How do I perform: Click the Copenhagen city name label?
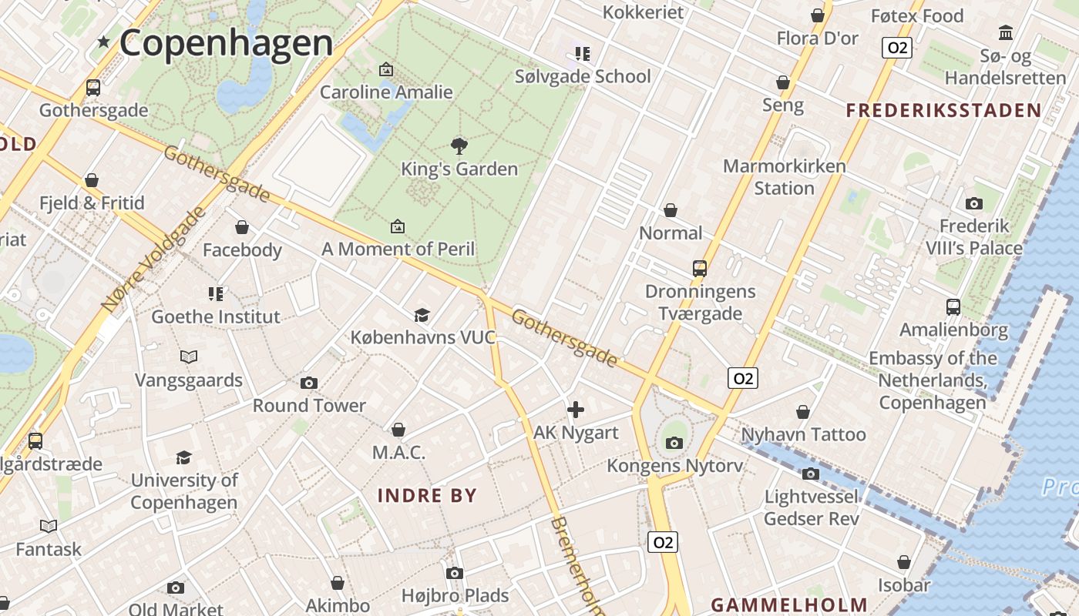(226, 42)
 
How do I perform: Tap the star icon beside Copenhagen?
(103, 42)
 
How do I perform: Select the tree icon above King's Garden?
(459, 146)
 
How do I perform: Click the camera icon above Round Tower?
(309, 383)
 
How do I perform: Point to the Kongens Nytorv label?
(675, 466)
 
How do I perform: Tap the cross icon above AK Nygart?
(575, 410)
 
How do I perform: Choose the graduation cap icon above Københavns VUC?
(422, 315)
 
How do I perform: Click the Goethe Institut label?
(216, 316)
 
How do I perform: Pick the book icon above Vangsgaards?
(189, 357)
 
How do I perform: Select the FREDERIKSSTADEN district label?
(943, 110)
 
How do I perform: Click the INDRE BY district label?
(428, 496)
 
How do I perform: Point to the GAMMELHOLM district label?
(789, 604)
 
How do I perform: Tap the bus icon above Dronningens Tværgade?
(700, 269)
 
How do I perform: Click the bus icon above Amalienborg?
(953, 307)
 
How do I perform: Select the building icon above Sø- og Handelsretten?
(1006, 32)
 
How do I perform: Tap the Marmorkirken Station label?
(784, 177)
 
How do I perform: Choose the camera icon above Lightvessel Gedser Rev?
(810, 474)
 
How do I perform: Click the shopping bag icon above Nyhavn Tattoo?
(803, 412)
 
